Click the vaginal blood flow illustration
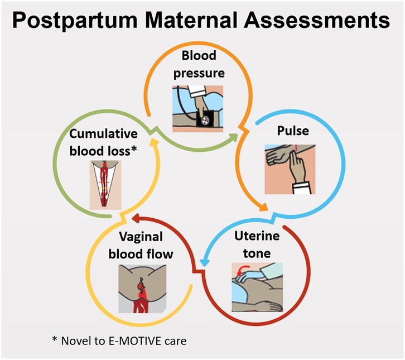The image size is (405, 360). click(x=142, y=287)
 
